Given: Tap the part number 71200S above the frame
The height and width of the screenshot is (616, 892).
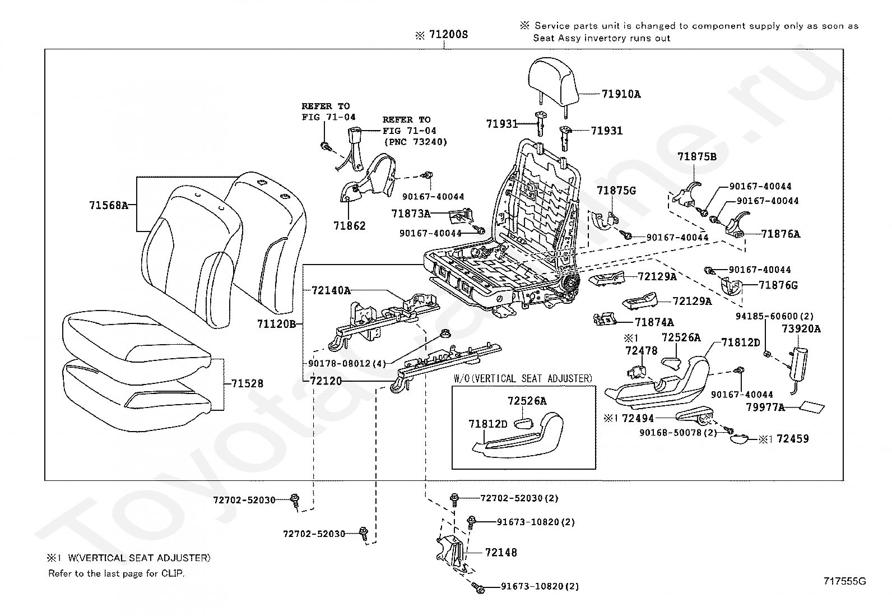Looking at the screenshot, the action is pyautogui.click(x=448, y=35).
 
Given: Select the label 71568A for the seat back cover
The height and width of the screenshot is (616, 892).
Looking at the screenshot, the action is pyautogui.click(x=109, y=205).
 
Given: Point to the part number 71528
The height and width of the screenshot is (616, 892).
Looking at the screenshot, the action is pyautogui.click(x=247, y=383).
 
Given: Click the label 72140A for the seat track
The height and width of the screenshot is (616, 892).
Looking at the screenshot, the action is pyautogui.click(x=331, y=290).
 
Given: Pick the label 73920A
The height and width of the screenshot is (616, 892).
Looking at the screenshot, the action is pyautogui.click(x=801, y=328).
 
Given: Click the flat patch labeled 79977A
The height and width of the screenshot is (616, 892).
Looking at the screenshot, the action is pyautogui.click(x=811, y=407).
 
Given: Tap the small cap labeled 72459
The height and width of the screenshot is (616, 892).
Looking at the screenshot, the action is pyautogui.click(x=740, y=439).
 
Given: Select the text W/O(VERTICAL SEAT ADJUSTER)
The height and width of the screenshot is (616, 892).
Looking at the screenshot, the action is pyautogui.click(x=523, y=378).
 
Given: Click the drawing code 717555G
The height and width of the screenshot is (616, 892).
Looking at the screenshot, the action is pyautogui.click(x=845, y=581).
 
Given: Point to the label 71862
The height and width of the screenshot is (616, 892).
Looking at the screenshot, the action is pyautogui.click(x=349, y=226).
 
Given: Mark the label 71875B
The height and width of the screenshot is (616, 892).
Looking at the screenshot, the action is pyautogui.click(x=697, y=157).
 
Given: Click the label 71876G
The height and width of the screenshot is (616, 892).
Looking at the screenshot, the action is pyautogui.click(x=778, y=285).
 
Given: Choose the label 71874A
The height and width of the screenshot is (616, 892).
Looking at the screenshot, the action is pyautogui.click(x=654, y=322).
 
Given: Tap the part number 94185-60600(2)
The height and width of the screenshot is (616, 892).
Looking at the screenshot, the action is pyautogui.click(x=774, y=316).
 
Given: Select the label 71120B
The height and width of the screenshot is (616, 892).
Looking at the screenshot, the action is pyautogui.click(x=277, y=324).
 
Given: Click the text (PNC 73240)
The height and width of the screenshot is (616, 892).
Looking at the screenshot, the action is pyautogui.click(x=415, y=142).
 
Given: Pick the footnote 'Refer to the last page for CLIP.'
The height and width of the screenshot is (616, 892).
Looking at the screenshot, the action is pyautogui.click(x=117, y=573).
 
